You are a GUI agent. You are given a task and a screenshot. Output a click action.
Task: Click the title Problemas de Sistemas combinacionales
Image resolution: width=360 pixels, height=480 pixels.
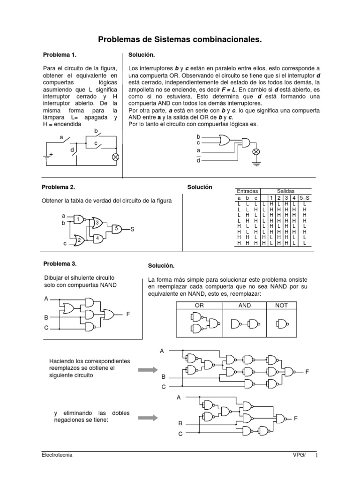pos(180,41)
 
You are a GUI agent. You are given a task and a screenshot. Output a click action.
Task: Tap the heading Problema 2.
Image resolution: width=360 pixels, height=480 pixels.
pos(58,187)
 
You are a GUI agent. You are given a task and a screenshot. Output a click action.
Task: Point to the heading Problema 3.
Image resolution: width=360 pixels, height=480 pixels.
pos(60,264)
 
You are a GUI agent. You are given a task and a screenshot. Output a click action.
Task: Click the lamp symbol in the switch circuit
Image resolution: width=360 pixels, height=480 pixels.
pos(115,157)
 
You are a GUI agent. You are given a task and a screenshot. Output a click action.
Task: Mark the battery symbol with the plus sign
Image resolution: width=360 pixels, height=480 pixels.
pos(47,156)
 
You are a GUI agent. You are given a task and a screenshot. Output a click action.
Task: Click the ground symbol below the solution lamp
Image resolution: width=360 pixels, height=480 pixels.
pos(256,163)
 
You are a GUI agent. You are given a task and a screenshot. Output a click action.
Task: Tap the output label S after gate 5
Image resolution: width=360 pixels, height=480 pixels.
pos(133,229)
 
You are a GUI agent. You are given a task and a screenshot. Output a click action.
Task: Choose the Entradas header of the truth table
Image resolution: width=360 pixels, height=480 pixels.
pos(247,192)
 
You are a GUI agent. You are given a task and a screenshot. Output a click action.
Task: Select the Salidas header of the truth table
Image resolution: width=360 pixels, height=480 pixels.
pos(286,192)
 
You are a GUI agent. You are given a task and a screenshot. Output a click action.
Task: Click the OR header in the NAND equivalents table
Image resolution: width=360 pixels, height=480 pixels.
pos(200,305)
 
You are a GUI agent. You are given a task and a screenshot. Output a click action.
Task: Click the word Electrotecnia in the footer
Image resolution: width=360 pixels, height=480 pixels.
pos(57,455)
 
